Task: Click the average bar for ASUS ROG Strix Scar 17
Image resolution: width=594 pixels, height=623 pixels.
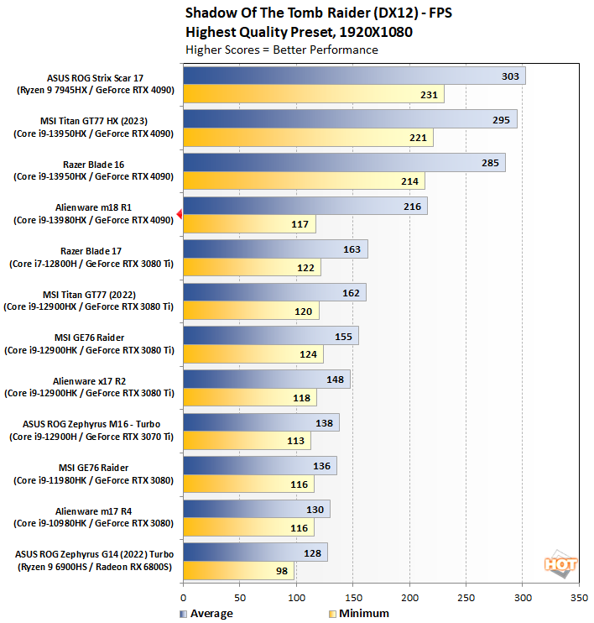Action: (352, 76)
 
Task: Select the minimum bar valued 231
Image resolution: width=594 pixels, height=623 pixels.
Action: (313, 95)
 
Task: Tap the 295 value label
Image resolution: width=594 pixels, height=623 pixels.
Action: (501, 120)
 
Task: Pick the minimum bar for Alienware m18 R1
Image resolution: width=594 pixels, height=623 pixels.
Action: (248, 224)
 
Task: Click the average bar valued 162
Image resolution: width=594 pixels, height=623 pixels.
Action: (274, 293)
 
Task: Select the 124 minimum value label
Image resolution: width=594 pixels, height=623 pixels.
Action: (309, 354)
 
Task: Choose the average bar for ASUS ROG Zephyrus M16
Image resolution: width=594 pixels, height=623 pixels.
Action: (261, 422)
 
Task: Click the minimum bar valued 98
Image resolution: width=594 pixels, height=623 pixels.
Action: (238, 572)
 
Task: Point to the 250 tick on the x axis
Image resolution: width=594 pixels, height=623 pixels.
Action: (466, 598)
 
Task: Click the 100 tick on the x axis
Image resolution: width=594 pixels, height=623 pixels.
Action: (296, 598)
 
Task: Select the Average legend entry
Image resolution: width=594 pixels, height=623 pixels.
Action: (206, 614)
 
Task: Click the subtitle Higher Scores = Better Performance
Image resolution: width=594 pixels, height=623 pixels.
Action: (281, 50)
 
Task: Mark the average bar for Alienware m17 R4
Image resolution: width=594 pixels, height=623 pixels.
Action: (256, 509)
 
